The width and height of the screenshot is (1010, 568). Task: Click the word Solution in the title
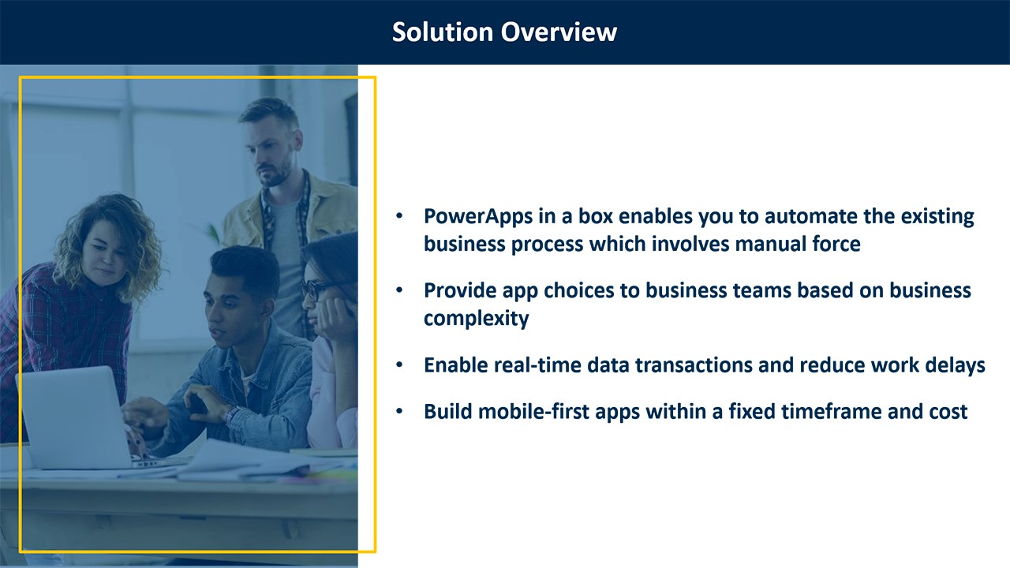(443, 32)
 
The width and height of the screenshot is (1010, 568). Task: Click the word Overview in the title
(559, 32)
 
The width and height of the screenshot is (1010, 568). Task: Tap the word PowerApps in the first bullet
(478, 217)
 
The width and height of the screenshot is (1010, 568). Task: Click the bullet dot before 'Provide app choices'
(399, 291)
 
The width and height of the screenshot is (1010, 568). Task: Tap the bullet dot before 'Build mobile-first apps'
(399, 412)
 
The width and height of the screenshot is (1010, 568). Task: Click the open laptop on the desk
(77, 417)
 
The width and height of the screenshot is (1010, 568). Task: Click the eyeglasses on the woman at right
(316, 290)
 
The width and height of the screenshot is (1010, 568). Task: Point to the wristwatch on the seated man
(232, 415)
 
